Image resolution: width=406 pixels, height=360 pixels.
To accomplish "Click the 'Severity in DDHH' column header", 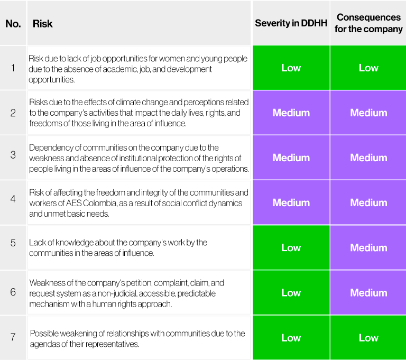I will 291,23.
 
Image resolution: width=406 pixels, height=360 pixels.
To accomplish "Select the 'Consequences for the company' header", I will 368,23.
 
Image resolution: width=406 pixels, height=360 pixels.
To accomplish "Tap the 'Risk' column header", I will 43,24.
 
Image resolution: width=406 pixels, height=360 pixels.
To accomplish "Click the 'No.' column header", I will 13,24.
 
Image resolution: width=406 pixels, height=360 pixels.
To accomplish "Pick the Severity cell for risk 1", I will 291,68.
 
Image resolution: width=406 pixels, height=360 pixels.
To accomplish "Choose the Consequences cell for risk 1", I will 368,68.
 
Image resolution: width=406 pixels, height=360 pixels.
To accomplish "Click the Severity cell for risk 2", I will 291,113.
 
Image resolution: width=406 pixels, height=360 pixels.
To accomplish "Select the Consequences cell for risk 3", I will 368,158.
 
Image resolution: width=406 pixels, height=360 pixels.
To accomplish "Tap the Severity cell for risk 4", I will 291,202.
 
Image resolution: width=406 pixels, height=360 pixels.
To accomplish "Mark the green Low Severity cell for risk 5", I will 291,247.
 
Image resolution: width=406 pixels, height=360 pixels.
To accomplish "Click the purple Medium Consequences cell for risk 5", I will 368,247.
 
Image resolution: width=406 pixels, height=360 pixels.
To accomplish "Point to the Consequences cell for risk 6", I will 368,292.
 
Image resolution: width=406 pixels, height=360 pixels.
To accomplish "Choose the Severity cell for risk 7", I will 291,338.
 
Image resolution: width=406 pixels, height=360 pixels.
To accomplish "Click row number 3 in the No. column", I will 13,158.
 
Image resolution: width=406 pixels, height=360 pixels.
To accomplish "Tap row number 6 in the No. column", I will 13,292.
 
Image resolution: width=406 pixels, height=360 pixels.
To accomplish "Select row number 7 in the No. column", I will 13,337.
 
